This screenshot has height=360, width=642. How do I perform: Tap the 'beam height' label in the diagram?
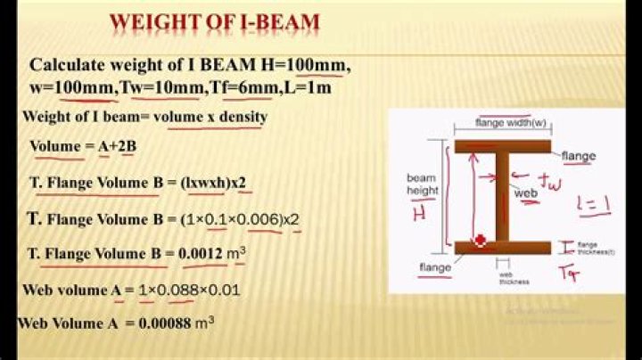(421, 184)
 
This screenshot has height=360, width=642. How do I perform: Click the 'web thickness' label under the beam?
(514, 277)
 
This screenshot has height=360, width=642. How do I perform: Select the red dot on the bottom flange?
(481, 241)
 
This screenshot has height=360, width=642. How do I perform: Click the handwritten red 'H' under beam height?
(418, 215)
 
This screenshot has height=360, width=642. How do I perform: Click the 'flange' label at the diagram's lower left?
(433, 266)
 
